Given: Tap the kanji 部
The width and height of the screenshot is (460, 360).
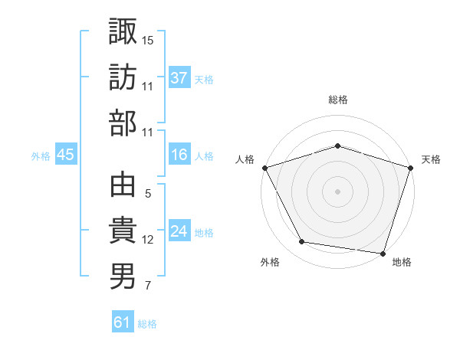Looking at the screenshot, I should (x=123, y=123).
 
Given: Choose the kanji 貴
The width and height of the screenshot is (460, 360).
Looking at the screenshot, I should (x=123, y=231).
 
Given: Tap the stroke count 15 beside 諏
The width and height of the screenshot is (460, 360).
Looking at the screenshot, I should (x=148, y=40).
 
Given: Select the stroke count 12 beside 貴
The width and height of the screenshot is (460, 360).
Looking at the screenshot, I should (x=148, y=240).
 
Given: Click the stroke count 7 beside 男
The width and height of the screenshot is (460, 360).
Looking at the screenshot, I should (x=147, y=286).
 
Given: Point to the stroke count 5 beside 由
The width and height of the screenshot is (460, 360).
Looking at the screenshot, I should (x=147, y=195).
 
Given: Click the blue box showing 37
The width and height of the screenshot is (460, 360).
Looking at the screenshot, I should (x=179, y=78).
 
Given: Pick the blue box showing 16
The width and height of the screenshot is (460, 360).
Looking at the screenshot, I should (x=179, y=155).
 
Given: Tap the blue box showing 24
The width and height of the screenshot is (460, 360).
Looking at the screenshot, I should (x=179, y=231).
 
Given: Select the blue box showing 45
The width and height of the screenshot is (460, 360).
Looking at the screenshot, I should (x=65, y=155).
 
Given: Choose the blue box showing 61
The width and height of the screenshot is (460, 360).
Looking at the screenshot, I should (x=123, y=322).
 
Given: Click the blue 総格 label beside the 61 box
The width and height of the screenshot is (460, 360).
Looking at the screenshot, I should (x=147, y=324).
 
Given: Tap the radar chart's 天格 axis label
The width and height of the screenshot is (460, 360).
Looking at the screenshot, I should (x=431, y=159).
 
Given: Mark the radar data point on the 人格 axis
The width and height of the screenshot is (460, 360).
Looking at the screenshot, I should (x=264, y=167).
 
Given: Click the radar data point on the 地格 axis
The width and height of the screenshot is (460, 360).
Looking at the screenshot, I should (x=383, y=253).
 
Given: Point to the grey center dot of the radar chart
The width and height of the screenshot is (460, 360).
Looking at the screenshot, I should (x=337, y=191).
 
